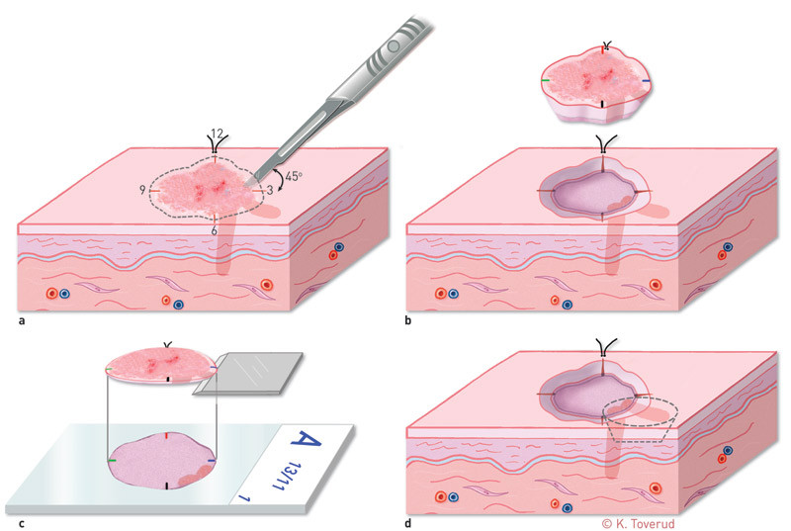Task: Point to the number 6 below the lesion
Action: (x=214, y=230)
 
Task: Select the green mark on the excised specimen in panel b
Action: (x=545, y=79)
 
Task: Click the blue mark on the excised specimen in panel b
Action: (x=646, y=79)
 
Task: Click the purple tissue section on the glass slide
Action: (x=164, y=459)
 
